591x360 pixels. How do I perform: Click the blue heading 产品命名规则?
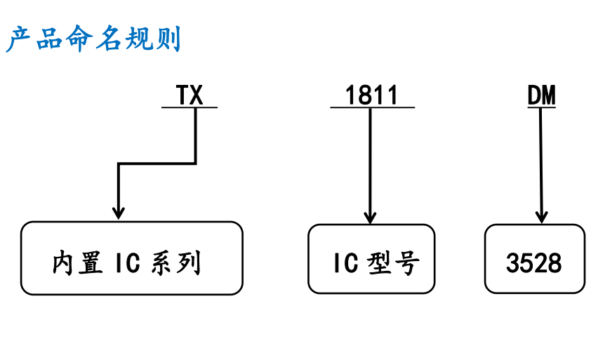93,39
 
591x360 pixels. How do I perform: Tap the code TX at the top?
189,95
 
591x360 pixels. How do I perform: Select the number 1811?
371,95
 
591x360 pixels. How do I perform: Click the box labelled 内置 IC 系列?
131,258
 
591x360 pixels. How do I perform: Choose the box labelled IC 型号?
371,258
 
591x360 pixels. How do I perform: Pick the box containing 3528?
534,258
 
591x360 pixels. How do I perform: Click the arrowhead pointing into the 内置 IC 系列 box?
119,211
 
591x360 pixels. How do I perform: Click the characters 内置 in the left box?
77,263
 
